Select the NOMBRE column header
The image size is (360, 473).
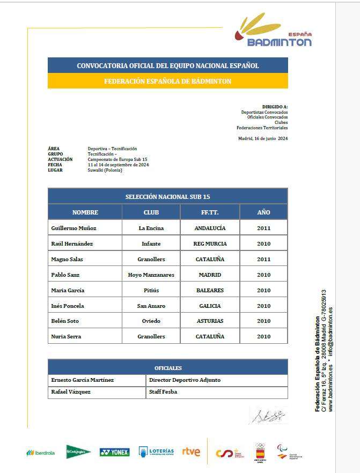point(85,212)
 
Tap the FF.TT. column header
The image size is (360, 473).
point(210,212)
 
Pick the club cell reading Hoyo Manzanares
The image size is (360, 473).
point(151,275)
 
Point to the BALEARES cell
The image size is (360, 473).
point(210,290)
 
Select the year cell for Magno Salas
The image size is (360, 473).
point(263,259)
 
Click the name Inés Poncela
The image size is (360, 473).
point(68,306)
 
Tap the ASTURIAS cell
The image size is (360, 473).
point(210,321)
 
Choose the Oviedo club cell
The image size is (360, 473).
point(151,321)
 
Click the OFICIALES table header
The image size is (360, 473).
point(168,368)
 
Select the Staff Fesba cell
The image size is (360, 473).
point(163,392)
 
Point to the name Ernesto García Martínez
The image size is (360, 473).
point(82,380)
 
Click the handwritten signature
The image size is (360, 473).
point(267,415)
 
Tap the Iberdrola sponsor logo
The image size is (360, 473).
point(41,453)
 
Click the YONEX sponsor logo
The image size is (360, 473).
point(114,452)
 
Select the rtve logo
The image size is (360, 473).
point(191,452)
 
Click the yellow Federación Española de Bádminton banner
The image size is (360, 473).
point(168,82)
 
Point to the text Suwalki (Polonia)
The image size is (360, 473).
point(105,170)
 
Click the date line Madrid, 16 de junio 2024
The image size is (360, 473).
point(263,138)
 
